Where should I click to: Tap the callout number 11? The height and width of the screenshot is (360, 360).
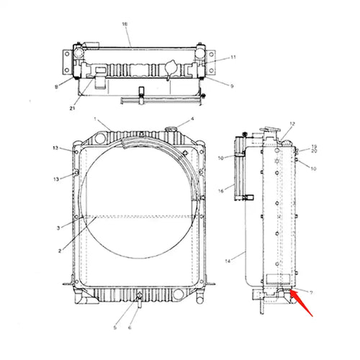(233, 58)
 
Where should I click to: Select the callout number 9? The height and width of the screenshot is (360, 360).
(233, 86)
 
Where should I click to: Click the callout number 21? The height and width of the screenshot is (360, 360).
(73, 108)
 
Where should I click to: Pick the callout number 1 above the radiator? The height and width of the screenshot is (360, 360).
(94, 117)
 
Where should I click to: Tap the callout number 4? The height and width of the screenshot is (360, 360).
(192, 119)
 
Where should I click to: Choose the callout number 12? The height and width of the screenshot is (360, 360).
(292, 125)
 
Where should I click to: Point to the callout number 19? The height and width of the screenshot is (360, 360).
(314, 146)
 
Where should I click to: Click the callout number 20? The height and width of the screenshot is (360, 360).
(314, 153)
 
